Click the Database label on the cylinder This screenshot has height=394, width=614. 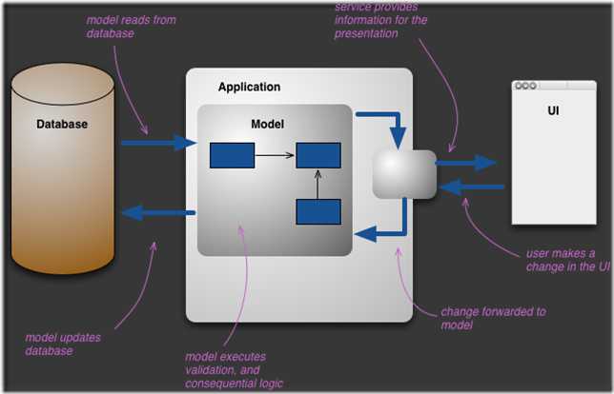[x=62, y=124]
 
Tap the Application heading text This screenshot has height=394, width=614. [x=249, y=87]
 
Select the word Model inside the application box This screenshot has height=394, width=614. [x=267, y=124]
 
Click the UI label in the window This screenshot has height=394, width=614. [x=553, y=110]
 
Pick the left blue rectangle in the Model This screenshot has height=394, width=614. [x=232, y=155]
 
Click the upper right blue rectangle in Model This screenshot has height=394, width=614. [x=318, y=155]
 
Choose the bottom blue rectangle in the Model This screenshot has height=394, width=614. [x=318, y=211]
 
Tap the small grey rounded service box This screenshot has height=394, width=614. [x=404, y=174]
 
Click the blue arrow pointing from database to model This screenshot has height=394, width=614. [x=158, y=144]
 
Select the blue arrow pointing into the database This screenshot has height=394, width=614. [x=158, y=213]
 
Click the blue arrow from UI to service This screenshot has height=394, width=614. [x=473, y=187]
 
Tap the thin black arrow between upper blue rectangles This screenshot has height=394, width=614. [x=275, y=155]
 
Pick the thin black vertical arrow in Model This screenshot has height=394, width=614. [x=318, y=185]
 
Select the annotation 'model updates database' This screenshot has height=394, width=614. [x=63, y=344]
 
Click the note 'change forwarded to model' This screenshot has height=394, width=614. [x=492, y=318]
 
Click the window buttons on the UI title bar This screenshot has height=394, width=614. [x=525, y=86]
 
